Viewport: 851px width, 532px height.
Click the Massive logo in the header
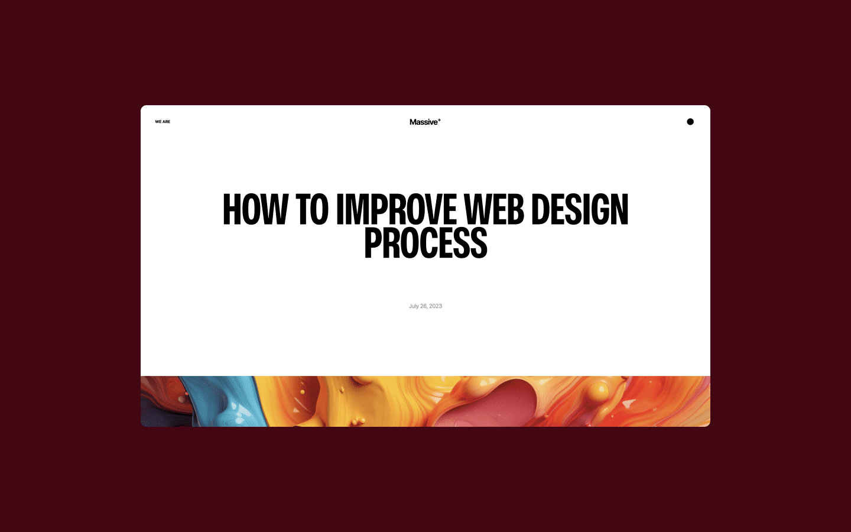pyautogui.click(x=424, y=122)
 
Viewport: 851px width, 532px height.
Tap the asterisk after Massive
pyautogui.click(x=440, y=120)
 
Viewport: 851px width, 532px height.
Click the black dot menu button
pyautogui.click(x=690, y=122)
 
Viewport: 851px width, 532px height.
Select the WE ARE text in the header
pyautogui.click(x=163, y=122)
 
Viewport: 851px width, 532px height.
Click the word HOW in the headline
pyautogui.click(x=255, y=210)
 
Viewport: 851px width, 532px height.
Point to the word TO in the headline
pyautogui.click(x=311, y=210)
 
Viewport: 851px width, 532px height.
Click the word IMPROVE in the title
pyautogui.click(x=397, y=210)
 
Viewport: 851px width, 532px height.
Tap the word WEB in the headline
pyautogui.click(x=493, y=210)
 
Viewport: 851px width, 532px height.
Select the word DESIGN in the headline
pyautogui.click(x=580, y=210)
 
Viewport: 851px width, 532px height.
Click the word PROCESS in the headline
pyautogui.click(x=425, y=243)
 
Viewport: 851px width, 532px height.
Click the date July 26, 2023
pyautogui.click(x=425, y=306)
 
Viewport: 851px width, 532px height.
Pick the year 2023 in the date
pyautogui.click(x=436, y=306)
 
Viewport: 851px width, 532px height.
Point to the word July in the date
pyautogui.click(x=414, y=306)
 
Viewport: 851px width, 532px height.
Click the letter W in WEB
pyautogui.click(x=477, y=210)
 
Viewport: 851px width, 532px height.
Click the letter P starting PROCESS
pyautogui.click(x=373, y=243)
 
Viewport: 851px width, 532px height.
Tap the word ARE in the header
pyautogui.click(x=167, y=122)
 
